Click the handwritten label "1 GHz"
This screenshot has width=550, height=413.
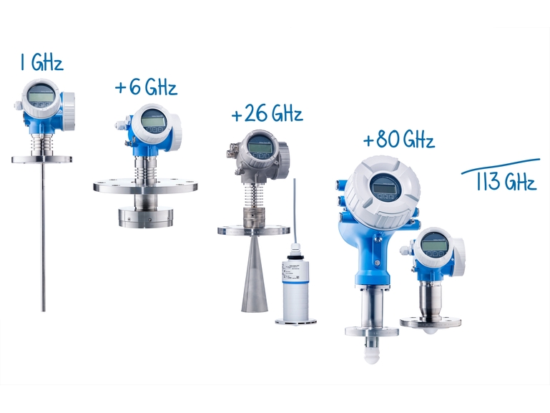pos(41,62)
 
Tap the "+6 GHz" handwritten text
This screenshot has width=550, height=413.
pos(146,87)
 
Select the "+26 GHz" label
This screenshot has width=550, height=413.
pos(267,113)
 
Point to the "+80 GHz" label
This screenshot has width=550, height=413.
pos(399,139)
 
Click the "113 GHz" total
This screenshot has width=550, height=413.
pos(506,181)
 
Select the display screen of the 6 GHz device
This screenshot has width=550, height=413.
pos(154,121)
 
